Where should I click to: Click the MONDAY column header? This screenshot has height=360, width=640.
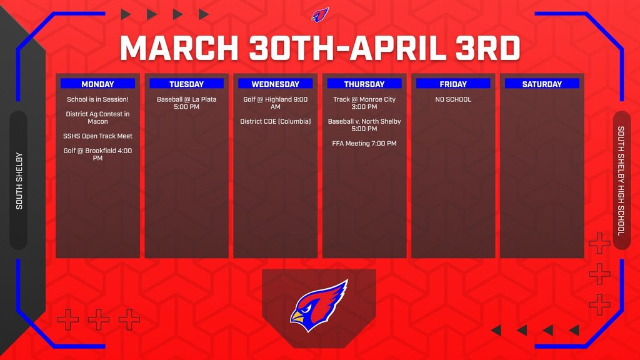point(97,84)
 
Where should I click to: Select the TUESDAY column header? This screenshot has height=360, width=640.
point(186,84)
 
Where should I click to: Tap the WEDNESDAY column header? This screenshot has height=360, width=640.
point(276,84)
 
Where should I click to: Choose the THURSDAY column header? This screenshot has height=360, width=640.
point(364,84)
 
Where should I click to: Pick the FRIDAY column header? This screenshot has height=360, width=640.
point(453,84)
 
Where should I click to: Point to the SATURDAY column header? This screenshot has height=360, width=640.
point(542,84)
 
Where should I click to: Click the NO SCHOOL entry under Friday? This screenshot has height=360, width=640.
point(453,99)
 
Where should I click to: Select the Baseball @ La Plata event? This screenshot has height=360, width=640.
point(186,103)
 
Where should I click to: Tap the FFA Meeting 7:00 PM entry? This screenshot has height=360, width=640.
point(364,143)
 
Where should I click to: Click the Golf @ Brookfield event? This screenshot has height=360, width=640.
point(97,154)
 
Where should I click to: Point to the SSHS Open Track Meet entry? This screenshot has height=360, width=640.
point(97,136)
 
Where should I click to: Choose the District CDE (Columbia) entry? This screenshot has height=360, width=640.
point(276,121)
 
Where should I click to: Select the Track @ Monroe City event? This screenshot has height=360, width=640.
point(364,103)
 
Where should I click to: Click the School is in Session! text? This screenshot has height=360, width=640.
point(97,99)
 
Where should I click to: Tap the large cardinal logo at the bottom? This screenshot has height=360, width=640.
point(319,305)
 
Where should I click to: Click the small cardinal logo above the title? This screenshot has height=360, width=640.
point(320,15)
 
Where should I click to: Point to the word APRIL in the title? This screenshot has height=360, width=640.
point(398,48)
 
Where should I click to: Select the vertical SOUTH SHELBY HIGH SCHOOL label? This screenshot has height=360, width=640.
point(621,181)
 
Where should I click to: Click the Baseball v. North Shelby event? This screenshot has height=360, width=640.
point(364,125)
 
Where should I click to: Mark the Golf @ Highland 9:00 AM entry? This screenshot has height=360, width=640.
point(276,103)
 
